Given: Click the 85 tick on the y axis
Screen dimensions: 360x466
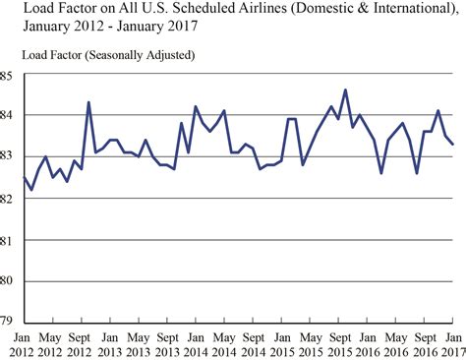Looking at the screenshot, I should pyautogui.click(x=7, y=75).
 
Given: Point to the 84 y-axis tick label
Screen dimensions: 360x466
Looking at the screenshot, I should pyautogui.click(x=7, y=116).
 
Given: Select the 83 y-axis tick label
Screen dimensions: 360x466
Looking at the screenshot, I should pyautogui.click(x=7, y=156).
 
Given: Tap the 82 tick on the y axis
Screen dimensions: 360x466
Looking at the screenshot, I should pyautogui.click(x=7, y=198).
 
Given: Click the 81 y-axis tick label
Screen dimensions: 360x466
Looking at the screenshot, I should pyautogui.click(x=7, y=238).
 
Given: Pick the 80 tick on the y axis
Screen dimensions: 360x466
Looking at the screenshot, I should pyautogui.click(x=7, y=279).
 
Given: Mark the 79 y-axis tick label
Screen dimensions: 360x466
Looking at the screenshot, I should pyautogui.click(x=7, y=320).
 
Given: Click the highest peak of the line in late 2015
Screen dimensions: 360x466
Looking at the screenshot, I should pyautogui.click(x=345, y=90).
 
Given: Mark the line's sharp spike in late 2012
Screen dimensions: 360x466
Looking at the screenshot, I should pyautogui.click(x=88, y=102).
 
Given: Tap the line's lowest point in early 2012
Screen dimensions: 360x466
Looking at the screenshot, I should pyautogui.click(x=31, y=189).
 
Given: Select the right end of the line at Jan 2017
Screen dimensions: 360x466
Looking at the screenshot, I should pyautogui.click(x=453, y=145).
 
